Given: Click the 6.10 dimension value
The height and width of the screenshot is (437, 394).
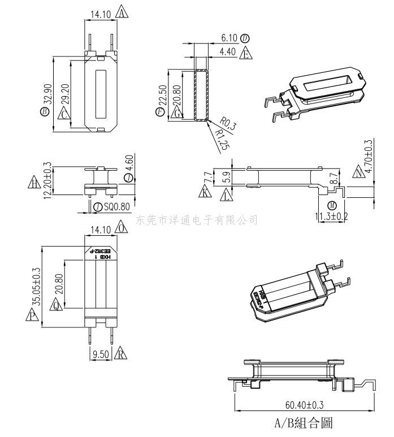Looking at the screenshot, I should tap(228, 38).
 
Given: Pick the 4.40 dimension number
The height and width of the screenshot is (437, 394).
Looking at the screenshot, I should tap(228, 53).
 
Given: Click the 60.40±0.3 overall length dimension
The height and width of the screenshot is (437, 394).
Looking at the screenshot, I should tap(304, 405).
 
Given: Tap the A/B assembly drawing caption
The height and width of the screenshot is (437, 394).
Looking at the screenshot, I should tap(303, 423).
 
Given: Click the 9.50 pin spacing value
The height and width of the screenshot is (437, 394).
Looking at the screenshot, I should tap(100, 354).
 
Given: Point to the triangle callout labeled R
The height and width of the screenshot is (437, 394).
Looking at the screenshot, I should tap(120, 354).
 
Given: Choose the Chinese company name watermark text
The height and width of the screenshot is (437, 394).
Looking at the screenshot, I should tap(197, 220).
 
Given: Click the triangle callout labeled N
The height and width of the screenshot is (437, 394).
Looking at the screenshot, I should tap(358, 172).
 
